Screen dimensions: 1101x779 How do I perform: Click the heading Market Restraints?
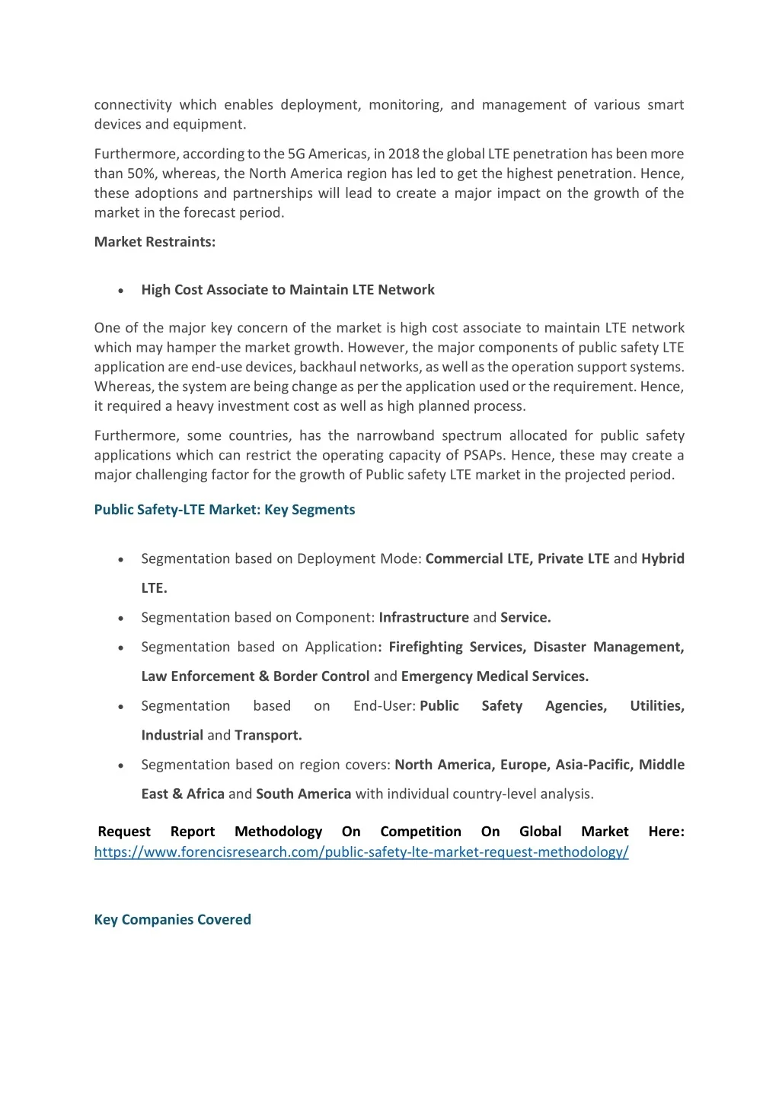click(155, 242)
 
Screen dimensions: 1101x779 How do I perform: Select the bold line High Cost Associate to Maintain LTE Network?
click(288, 290)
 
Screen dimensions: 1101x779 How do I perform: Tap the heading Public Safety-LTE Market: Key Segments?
click(225, 510)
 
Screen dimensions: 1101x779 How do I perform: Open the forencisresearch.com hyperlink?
click(361, 852)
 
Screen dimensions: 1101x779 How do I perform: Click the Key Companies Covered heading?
click(172, 919)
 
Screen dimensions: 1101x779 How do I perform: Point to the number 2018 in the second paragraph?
click(404, 154)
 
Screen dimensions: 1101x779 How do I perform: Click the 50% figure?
click(140, 173)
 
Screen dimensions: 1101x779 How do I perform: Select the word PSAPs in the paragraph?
click(485, 455)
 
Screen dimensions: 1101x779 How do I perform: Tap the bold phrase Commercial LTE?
click(479, 558)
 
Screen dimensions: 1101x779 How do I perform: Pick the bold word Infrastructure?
click(423, 617)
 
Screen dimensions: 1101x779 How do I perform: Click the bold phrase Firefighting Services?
click(457, 647)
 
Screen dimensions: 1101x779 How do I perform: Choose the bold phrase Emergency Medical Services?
click(495, 676)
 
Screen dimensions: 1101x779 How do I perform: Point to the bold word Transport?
click(268, 735)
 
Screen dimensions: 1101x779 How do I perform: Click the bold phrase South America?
click(303, 794)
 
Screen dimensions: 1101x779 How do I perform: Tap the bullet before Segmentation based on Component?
click(121, 618)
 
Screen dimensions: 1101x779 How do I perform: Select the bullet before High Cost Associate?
click(121, 291)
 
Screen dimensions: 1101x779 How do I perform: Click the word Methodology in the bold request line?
click(278, 832)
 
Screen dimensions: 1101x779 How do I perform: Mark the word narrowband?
click(395, 435)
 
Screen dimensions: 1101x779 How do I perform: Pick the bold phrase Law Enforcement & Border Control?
click(255, 676)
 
